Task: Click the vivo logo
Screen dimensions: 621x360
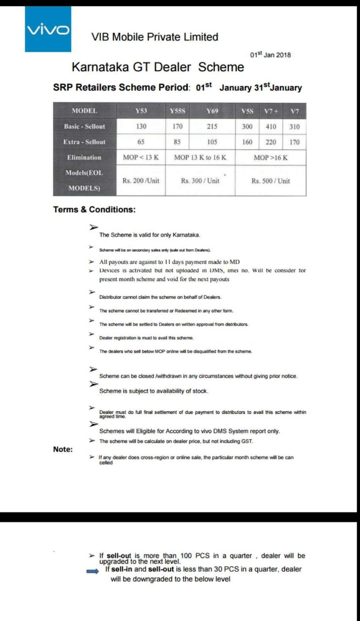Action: [48, 30]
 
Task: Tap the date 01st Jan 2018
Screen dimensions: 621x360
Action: [270, 55]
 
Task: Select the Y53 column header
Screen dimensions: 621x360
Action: [141, 111]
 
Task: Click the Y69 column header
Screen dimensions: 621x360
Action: [212, 111]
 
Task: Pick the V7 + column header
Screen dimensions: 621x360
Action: [271, 111]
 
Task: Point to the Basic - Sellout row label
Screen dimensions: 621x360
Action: [84, 127]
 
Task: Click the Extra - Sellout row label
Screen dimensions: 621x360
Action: [84, 142]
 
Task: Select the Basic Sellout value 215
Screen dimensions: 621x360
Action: [212, 127]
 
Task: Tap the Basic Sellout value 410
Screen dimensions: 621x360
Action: [271, 127]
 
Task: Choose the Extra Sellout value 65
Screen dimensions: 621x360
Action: [141, 142]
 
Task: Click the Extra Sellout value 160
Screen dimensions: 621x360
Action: [247, 142]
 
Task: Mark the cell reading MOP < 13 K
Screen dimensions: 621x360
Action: [141, 158]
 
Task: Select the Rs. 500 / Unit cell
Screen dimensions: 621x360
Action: [270, 181]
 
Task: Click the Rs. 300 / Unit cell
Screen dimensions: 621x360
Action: [200, 181]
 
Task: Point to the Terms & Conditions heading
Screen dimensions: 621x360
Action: [94, 210]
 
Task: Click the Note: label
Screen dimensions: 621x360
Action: [63, 449]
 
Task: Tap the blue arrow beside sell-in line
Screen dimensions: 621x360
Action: [92, 572]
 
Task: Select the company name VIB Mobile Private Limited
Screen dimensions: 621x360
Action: [155, 37]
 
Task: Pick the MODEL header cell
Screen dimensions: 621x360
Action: [84, 111]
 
